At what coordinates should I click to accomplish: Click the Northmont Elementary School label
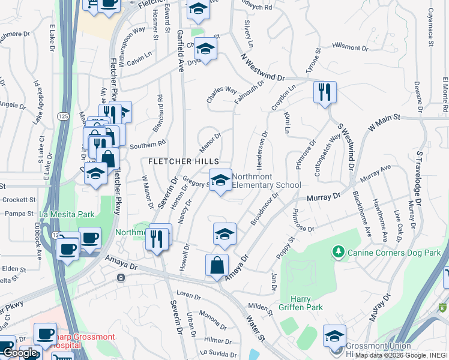pyautogui.click(x=266, y=181)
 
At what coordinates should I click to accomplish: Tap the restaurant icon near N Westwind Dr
pyautogui.click(x=325, y=92)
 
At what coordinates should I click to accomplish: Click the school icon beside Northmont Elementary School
pyautogui.click(x=220, y=179)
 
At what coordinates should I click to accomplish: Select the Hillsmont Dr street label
pyautogui.click(x=349, y=47)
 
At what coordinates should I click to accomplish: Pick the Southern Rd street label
pyautogui.click(x=147, y=145)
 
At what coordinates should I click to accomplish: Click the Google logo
pyautogui.click(x=19, y=353)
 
